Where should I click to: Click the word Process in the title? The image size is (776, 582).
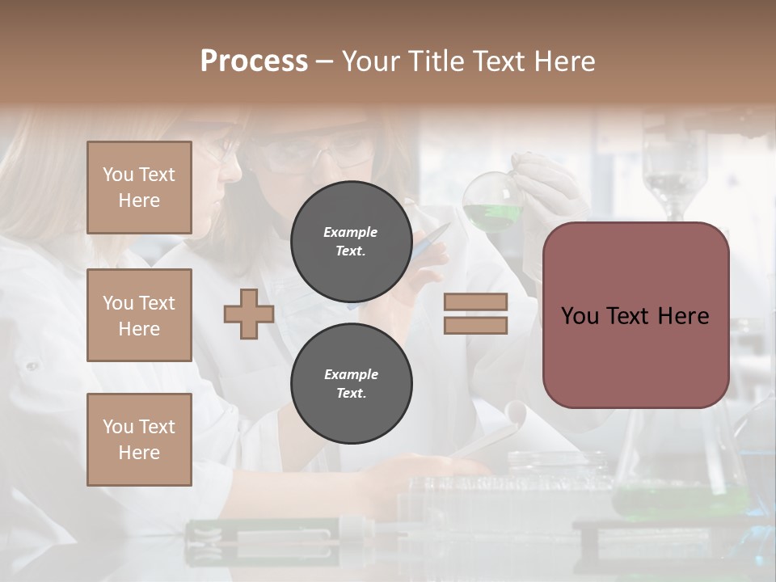tap(254, 61)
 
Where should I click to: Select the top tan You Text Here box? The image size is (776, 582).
tap(139, 188)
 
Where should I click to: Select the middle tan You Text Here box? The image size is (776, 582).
tap(139, 315)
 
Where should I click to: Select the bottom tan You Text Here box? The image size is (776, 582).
tap(139, 440)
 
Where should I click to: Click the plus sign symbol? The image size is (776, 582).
tap(249, 314)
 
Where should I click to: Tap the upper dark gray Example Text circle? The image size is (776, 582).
tap(351, 241)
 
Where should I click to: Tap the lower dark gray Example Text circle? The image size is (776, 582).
tap(351, 383)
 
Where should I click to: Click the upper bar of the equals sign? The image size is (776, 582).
tap(475, 302)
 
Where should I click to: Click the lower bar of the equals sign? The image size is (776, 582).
tap(475, 326)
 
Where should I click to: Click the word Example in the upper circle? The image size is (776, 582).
tap(351, 232)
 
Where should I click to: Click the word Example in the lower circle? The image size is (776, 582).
tap(351, 374)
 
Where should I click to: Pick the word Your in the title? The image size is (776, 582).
tap(373, 61)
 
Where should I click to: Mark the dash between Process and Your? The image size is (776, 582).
tap(324, 61)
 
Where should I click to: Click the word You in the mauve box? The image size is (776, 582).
tap(580, 316)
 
